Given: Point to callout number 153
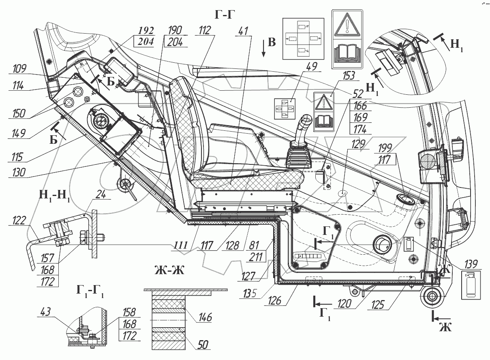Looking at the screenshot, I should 348,76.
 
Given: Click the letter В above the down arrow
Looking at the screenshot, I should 272,42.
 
